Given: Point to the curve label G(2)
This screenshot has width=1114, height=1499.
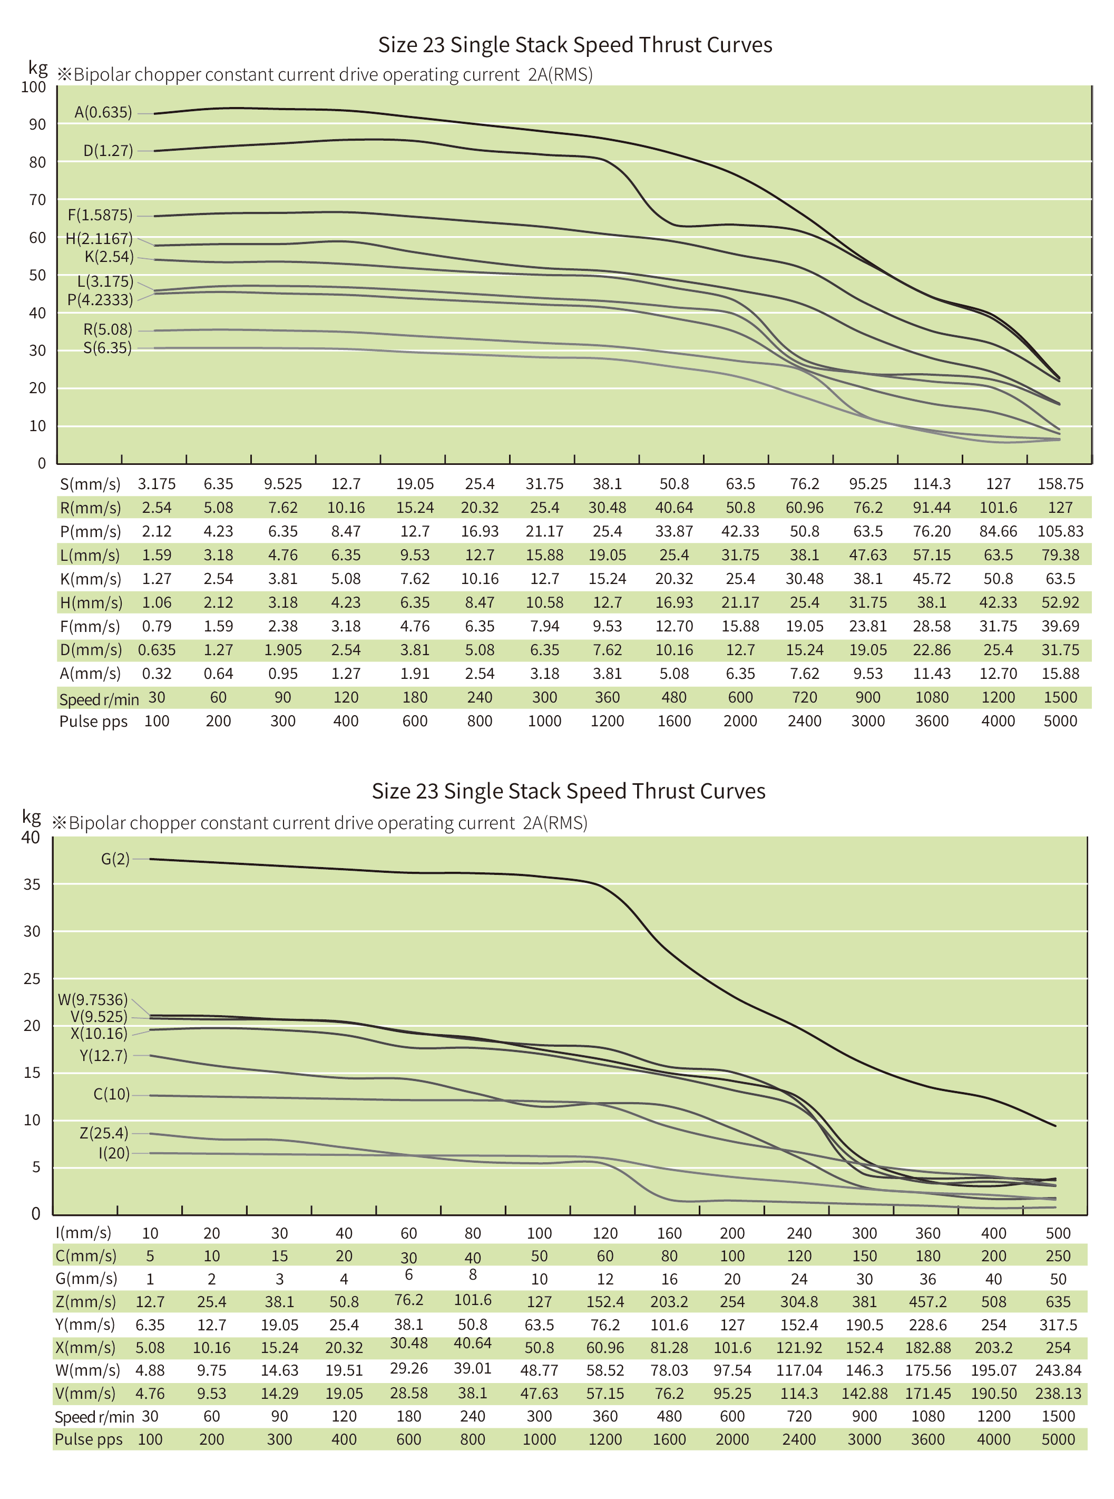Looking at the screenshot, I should coord(115,859).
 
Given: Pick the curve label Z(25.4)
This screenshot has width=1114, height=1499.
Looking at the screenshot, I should coord(104,1133).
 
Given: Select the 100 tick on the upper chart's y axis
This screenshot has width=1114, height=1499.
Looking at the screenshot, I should coord(33,87).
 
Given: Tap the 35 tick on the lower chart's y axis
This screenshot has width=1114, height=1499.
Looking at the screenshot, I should coord(32,884).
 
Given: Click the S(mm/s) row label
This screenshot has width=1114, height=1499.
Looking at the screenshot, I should coord(90,484).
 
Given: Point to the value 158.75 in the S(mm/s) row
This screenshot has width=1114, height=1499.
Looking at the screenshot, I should coord(1060,484).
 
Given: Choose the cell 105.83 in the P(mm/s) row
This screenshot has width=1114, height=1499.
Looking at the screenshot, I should coord(1060,531).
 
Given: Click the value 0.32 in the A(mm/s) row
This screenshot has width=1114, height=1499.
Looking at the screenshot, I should coord(157,674).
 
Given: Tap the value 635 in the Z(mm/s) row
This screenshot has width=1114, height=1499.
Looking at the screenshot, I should coord(1058,1301).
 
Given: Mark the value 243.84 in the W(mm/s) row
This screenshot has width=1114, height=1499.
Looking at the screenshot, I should coord(1058,1370).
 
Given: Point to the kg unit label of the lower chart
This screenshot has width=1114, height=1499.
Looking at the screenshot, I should coord(32,816).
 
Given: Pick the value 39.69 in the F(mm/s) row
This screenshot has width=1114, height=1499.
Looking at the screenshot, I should coord(1060,627).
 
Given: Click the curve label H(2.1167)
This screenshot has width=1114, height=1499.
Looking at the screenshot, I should coord(99,238).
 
